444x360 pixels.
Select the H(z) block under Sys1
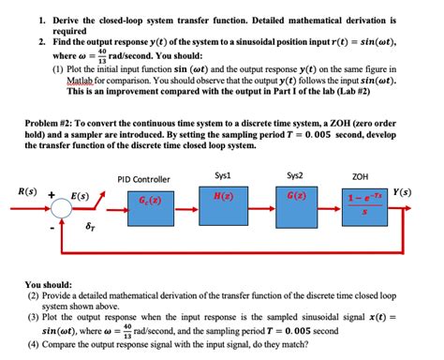pos(223,199)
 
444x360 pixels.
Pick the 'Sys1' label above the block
pos(223,174)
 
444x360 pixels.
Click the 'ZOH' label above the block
pos(360,175)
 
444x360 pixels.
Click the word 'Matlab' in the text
pos(83,81)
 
